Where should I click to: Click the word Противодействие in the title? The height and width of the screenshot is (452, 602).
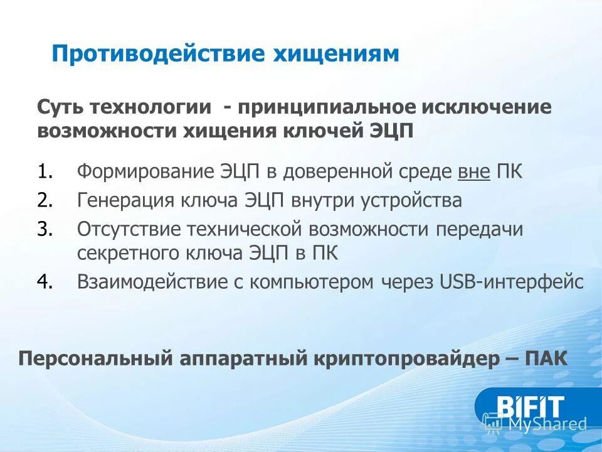(x=160, y=54)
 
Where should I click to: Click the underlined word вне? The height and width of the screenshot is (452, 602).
(x=474, y=172)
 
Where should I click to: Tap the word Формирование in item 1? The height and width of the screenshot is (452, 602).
(x=144, y=172)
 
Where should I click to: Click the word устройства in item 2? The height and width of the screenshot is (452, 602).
(x=411, y=201)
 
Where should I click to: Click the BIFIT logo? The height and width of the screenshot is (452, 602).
(x=530, y=406)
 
